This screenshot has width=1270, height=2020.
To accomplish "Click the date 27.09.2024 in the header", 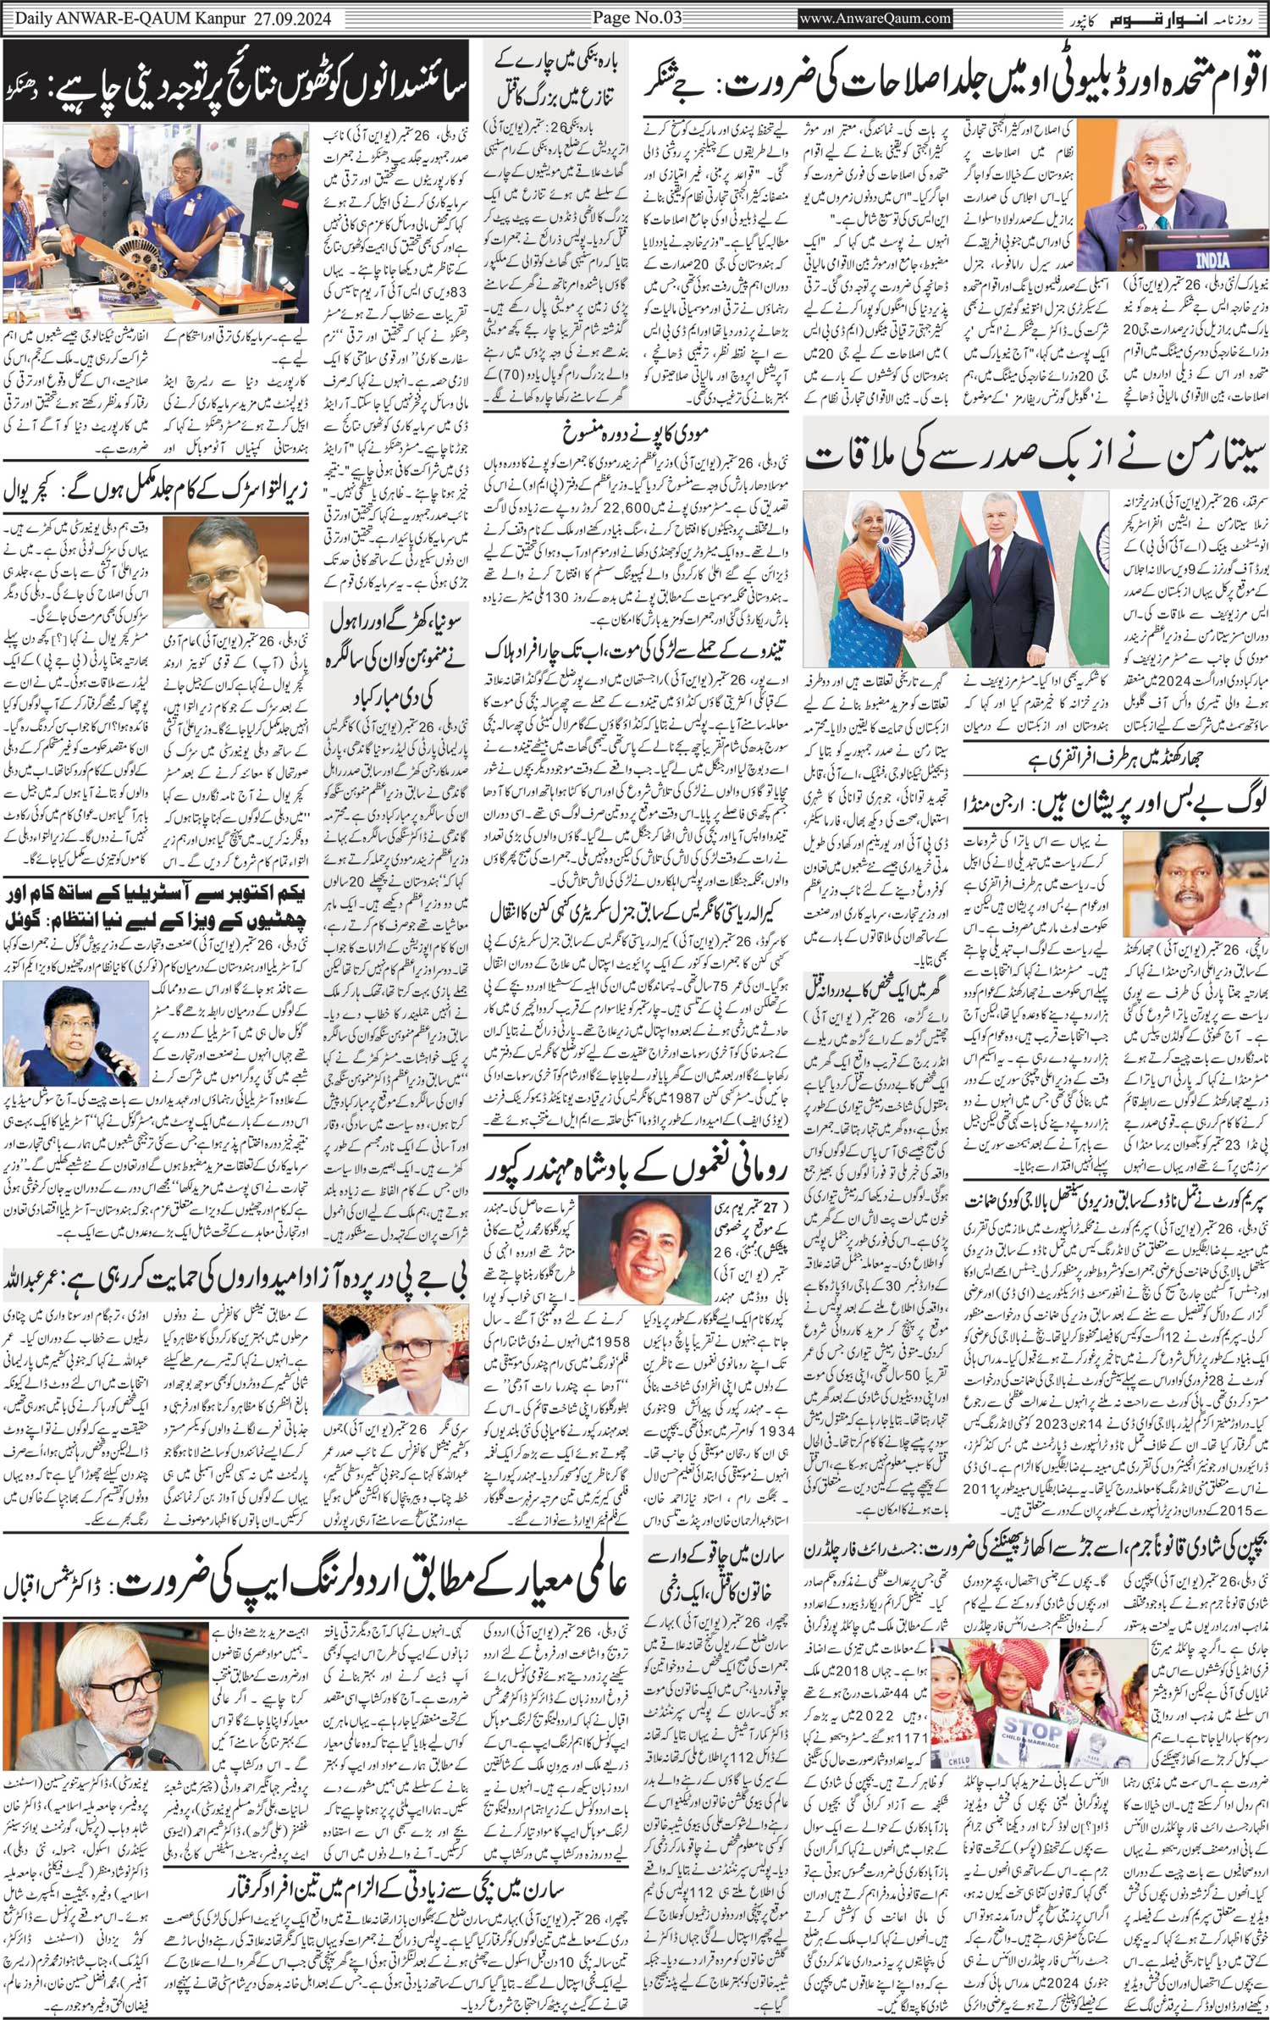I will coord(292,16).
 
